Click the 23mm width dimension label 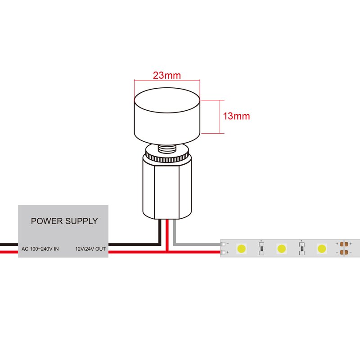(166, 76)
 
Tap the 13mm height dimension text (236, 116)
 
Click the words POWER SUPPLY (64, 221)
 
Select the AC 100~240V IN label (40, 248)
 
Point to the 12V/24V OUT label (90, 248)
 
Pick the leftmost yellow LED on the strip (241, 248)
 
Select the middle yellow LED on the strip (281, 248)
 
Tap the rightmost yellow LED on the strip (321, 248)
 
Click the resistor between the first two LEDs (261, 248)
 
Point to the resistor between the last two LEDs (301, 248)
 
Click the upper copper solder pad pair (346, 244)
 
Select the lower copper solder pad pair (346, 252)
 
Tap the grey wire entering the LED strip (198, 244)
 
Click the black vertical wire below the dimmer (160, 232)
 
